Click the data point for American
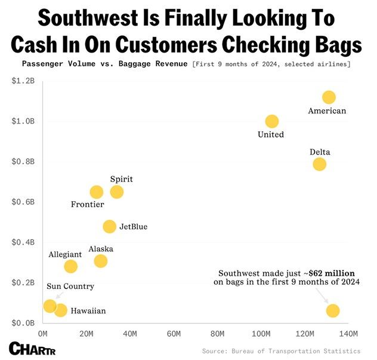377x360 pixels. point(329,97)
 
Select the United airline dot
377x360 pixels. point(272,121)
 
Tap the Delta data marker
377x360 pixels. point(320,164)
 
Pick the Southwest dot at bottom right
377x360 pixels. point(333,310)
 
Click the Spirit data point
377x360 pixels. point(117,192)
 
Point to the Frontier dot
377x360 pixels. point(97,192)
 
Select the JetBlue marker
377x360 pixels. point(109,226)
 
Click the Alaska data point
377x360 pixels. point(101,261)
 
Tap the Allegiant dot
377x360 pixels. point(71,266)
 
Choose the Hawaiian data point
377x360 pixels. point(61,310)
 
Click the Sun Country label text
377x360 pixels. point(70,287)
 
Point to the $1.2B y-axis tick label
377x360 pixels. point(23,81)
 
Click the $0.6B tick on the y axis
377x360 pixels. point(23,202)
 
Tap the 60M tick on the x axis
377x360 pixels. point(174,333)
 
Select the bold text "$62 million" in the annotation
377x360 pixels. point(331,273)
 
